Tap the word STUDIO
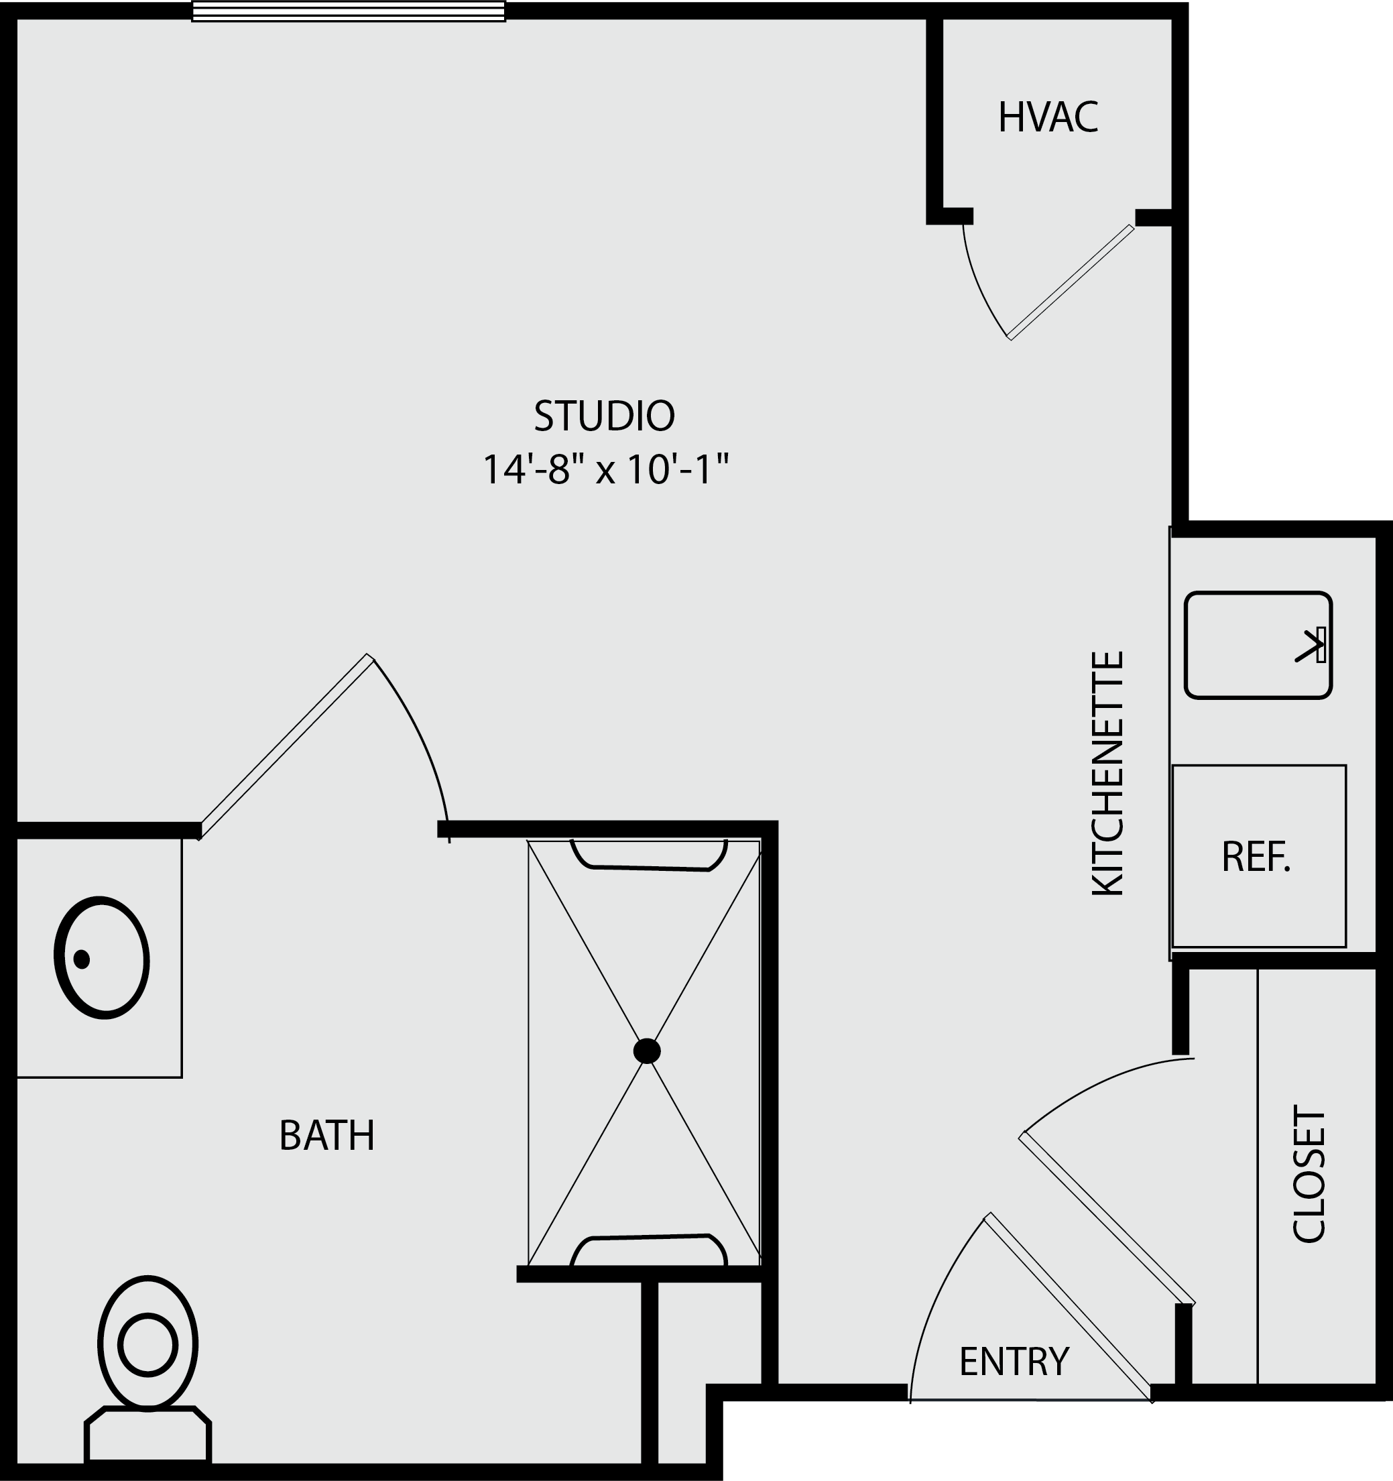click(604, 416)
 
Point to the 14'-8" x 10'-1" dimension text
click(605, 469)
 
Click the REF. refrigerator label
click(1256, 857)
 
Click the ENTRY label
click(1014, 1361)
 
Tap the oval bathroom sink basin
click(102, 957)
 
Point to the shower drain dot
click(647, 1051)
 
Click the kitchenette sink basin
click(1258, 645)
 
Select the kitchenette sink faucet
click(1312, 645)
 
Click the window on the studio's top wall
click(349, 11)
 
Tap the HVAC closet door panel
click(1071, 282)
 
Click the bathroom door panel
click(286, 746)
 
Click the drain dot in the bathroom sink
click(82, 959)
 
